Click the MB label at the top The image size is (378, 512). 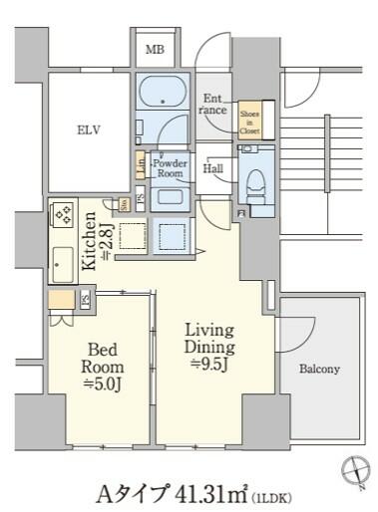[x=155, y=50]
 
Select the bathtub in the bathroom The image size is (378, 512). [x=161, y=93]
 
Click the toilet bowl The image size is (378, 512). [x=255, y=183]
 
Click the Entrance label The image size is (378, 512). [x=214, y=105]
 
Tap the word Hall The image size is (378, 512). [x=213, y=170]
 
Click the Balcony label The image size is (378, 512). [x=319, y=369]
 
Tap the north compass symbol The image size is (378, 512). [x=354, y=470]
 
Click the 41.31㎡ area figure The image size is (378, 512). [x=207, y=492]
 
